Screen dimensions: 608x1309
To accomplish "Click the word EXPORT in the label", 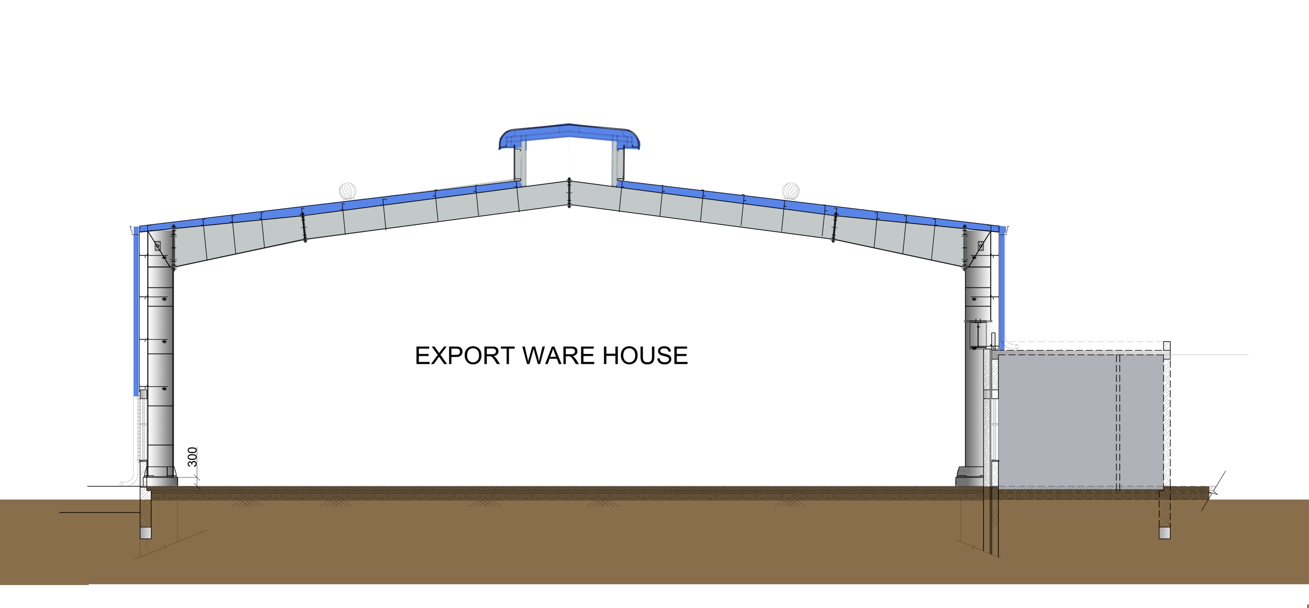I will click(x=464, y=355).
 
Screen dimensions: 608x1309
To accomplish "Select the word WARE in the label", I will click(x=559, y=355).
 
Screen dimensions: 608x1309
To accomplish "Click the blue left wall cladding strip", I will click(x=136, y=310).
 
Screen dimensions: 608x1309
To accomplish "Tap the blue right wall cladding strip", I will click(x=1002, y=290).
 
